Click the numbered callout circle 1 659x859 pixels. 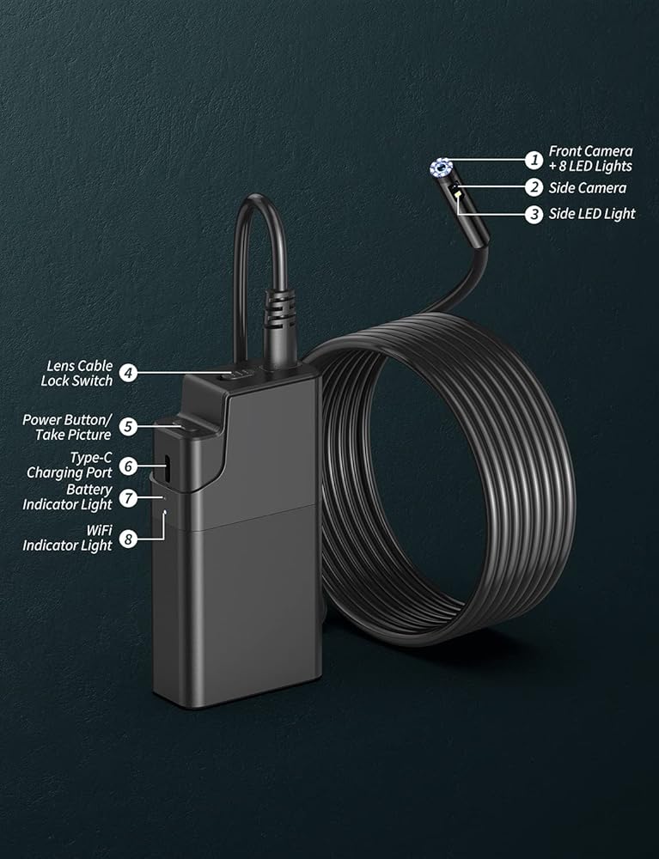(x=534, y=159)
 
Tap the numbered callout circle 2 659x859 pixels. (x=534, y=187)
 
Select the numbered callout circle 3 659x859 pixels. (x=534, y=214)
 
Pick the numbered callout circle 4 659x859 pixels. (x=127, y=373)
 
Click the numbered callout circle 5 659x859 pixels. (x=127, y=425)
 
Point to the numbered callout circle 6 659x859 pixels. (x=127, y=466)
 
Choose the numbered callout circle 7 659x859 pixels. (x=127, y=497)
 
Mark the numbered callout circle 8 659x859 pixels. (x=127, y=539)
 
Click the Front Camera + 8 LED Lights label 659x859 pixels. (x=590, y=159)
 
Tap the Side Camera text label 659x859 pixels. (x=588, y=187)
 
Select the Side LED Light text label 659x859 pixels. (x=592, y=214)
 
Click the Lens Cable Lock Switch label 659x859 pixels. (x=76, y=373)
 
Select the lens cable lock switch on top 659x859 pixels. (x=233, y=374)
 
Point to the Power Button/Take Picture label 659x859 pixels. (x=67, y=426)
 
